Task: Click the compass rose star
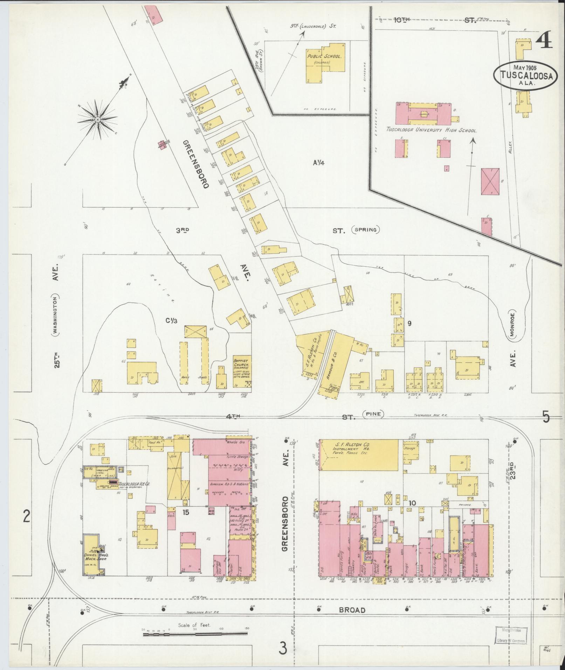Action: [98, 120]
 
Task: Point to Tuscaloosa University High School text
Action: [431, 130]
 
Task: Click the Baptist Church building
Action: [242, 372]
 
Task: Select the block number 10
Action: [412, 503]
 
